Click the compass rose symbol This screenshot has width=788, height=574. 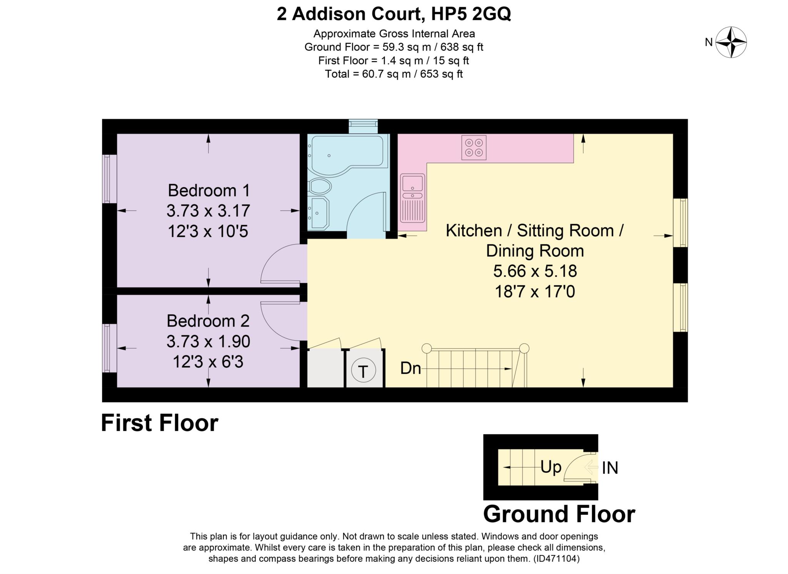(x=731, y=42)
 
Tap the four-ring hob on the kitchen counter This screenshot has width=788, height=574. (x=474, y=147)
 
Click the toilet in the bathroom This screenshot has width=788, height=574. (x=320, y=187)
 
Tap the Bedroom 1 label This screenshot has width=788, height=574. (x=209, y=191)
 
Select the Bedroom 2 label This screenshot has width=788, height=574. (x=208, y=321)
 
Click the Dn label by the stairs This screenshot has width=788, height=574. (x=411, y=368)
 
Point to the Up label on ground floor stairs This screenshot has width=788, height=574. (x=551, y=468)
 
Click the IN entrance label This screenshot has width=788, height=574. (x=610, y=468)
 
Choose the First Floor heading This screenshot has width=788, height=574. (x=160, y=423)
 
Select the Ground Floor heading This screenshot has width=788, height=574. (x=559, y=514)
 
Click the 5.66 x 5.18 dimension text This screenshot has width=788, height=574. (x=535, y=271)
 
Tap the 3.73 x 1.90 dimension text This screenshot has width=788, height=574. (x=208, y=341)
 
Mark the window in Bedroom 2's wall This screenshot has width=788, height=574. (x=109, y=348)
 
